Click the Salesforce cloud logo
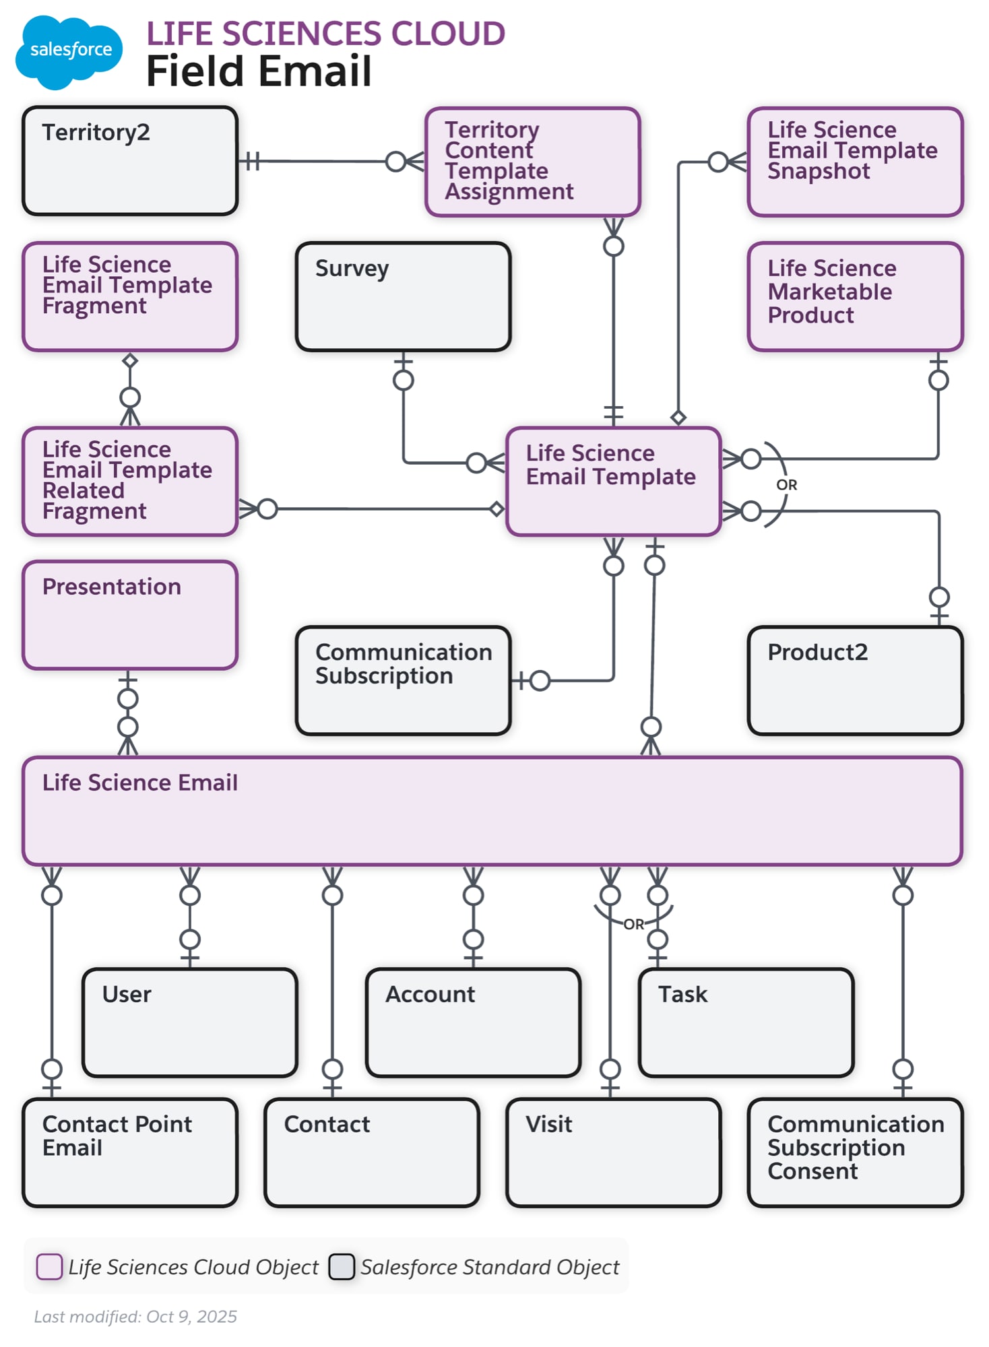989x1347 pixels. [x=69, y=51]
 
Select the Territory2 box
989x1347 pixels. [x=129, y=161]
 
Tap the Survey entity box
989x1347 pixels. [x=403, y=296]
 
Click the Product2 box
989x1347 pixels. [x=855, y=680]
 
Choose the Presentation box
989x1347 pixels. [x=129, y=615]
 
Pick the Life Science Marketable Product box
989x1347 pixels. [x=855, y=296]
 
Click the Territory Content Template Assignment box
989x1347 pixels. [x=532, y=162]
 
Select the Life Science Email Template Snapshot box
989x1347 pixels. [x=855, y=162]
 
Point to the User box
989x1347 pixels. [x=189, y=1022]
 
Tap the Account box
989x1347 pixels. [x=473, y=1022]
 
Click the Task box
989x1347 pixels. [x=746, y=1022]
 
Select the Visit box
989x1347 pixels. [x=613, y=1152]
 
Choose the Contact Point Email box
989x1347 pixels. [x=129, y=1152]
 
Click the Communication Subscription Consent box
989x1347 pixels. [x=855, y=1152]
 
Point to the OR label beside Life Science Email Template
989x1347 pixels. [x=786, y=485]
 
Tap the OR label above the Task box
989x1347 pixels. [x=633, y=924]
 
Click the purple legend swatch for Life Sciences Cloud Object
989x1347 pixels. [x=49, y=1266]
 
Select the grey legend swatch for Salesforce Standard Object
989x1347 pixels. [x=342, y=1266]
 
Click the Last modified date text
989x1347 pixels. [x=135, y=1316]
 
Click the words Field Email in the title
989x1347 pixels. [x=259, y=71]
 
